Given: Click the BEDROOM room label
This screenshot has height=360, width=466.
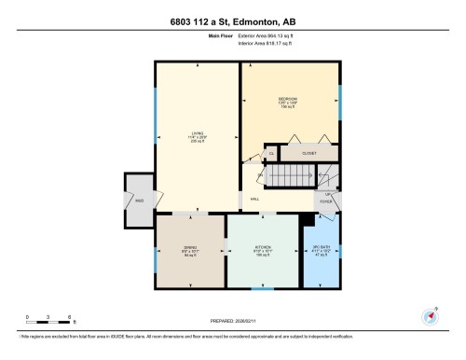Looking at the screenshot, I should coord(288,99).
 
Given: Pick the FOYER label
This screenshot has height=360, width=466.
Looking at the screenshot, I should coord(327,200).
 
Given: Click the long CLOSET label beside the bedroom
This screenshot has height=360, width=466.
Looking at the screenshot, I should coord(310,152).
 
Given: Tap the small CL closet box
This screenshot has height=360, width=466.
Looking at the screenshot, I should coord(271,154).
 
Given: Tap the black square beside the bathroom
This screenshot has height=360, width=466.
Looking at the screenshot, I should coord(304,221).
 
